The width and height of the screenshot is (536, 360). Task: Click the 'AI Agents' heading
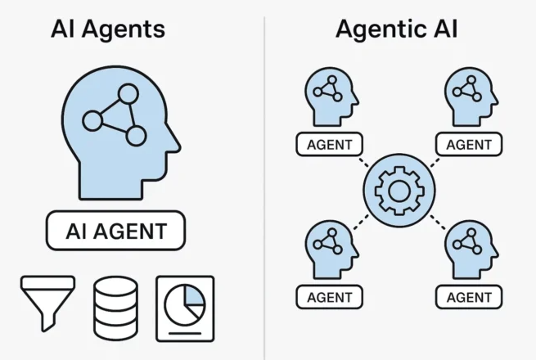click(x=107, y=30)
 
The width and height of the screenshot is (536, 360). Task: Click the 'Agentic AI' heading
click(x=397, y=30)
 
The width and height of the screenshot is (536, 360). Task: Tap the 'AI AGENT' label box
click(x=115, y=232)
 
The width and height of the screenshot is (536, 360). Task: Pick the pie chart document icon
click(x=185, y=306)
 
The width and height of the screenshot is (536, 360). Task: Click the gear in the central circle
click(x=397, y=190)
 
